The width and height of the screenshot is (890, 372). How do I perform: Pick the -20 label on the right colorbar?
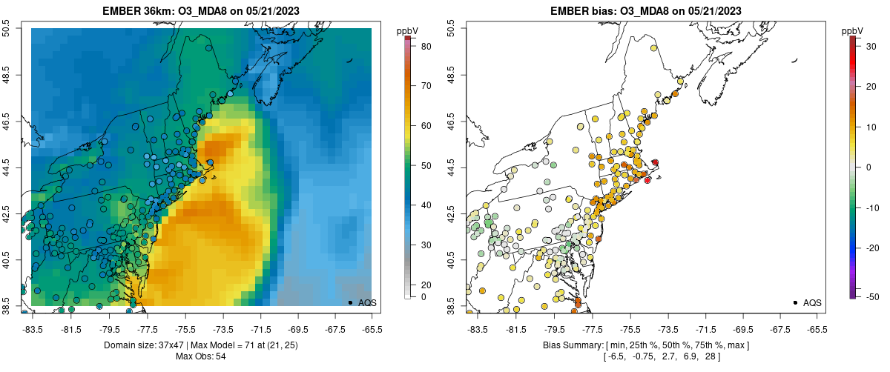[x=872, y=248]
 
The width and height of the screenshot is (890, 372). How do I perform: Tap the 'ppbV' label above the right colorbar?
[x=853, y=30]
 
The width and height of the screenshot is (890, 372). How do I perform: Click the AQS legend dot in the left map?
[x=349, y=302]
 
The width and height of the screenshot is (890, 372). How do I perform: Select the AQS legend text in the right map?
[x=812, y=302]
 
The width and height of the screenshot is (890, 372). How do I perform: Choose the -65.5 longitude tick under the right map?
[x=817, y=328]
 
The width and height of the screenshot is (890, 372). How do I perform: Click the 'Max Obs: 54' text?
[x=201, y=356]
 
